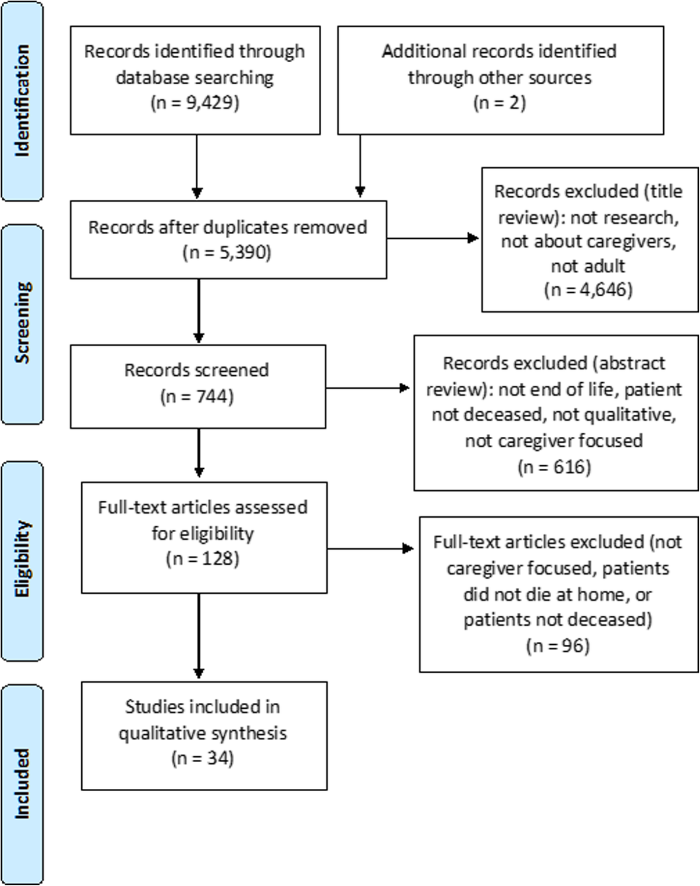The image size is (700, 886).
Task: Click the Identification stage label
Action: click(x=22, y=101)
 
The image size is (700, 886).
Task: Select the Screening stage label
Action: click(x=22, y=323)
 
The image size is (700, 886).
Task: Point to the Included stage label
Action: click(x=22, y=783)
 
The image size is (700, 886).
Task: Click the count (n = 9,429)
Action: click(x=195, y=103)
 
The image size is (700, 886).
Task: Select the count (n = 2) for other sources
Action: click(x=499, y=103)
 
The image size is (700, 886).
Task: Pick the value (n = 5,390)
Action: click(x=227, y=253)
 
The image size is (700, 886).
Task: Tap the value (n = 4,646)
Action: click(x=588, y=290)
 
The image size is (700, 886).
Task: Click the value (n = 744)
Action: click(x=197, y=396)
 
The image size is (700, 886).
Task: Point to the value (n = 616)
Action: click(x=554, y=467)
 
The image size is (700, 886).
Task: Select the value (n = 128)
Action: click(x=203, y=559)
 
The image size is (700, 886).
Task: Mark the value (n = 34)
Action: click(x=203, y=759)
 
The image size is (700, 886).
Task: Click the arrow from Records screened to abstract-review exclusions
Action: click(x=367, y=389)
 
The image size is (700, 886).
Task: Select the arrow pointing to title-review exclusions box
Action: click(x=433, y=239)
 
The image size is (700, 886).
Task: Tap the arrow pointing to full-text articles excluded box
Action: click(x=370, y=549)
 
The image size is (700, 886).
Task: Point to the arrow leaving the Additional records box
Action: click(x=360, y=166)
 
